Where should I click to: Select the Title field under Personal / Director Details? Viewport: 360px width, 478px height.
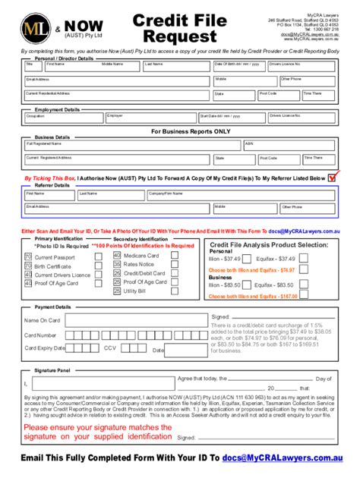coord(33,68)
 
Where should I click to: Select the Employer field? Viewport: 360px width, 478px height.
coord(150,119)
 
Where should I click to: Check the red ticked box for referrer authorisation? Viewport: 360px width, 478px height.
coord(331,178)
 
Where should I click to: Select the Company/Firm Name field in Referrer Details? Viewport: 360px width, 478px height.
coord(178,195)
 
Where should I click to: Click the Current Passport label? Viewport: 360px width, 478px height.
coord(55,258)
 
